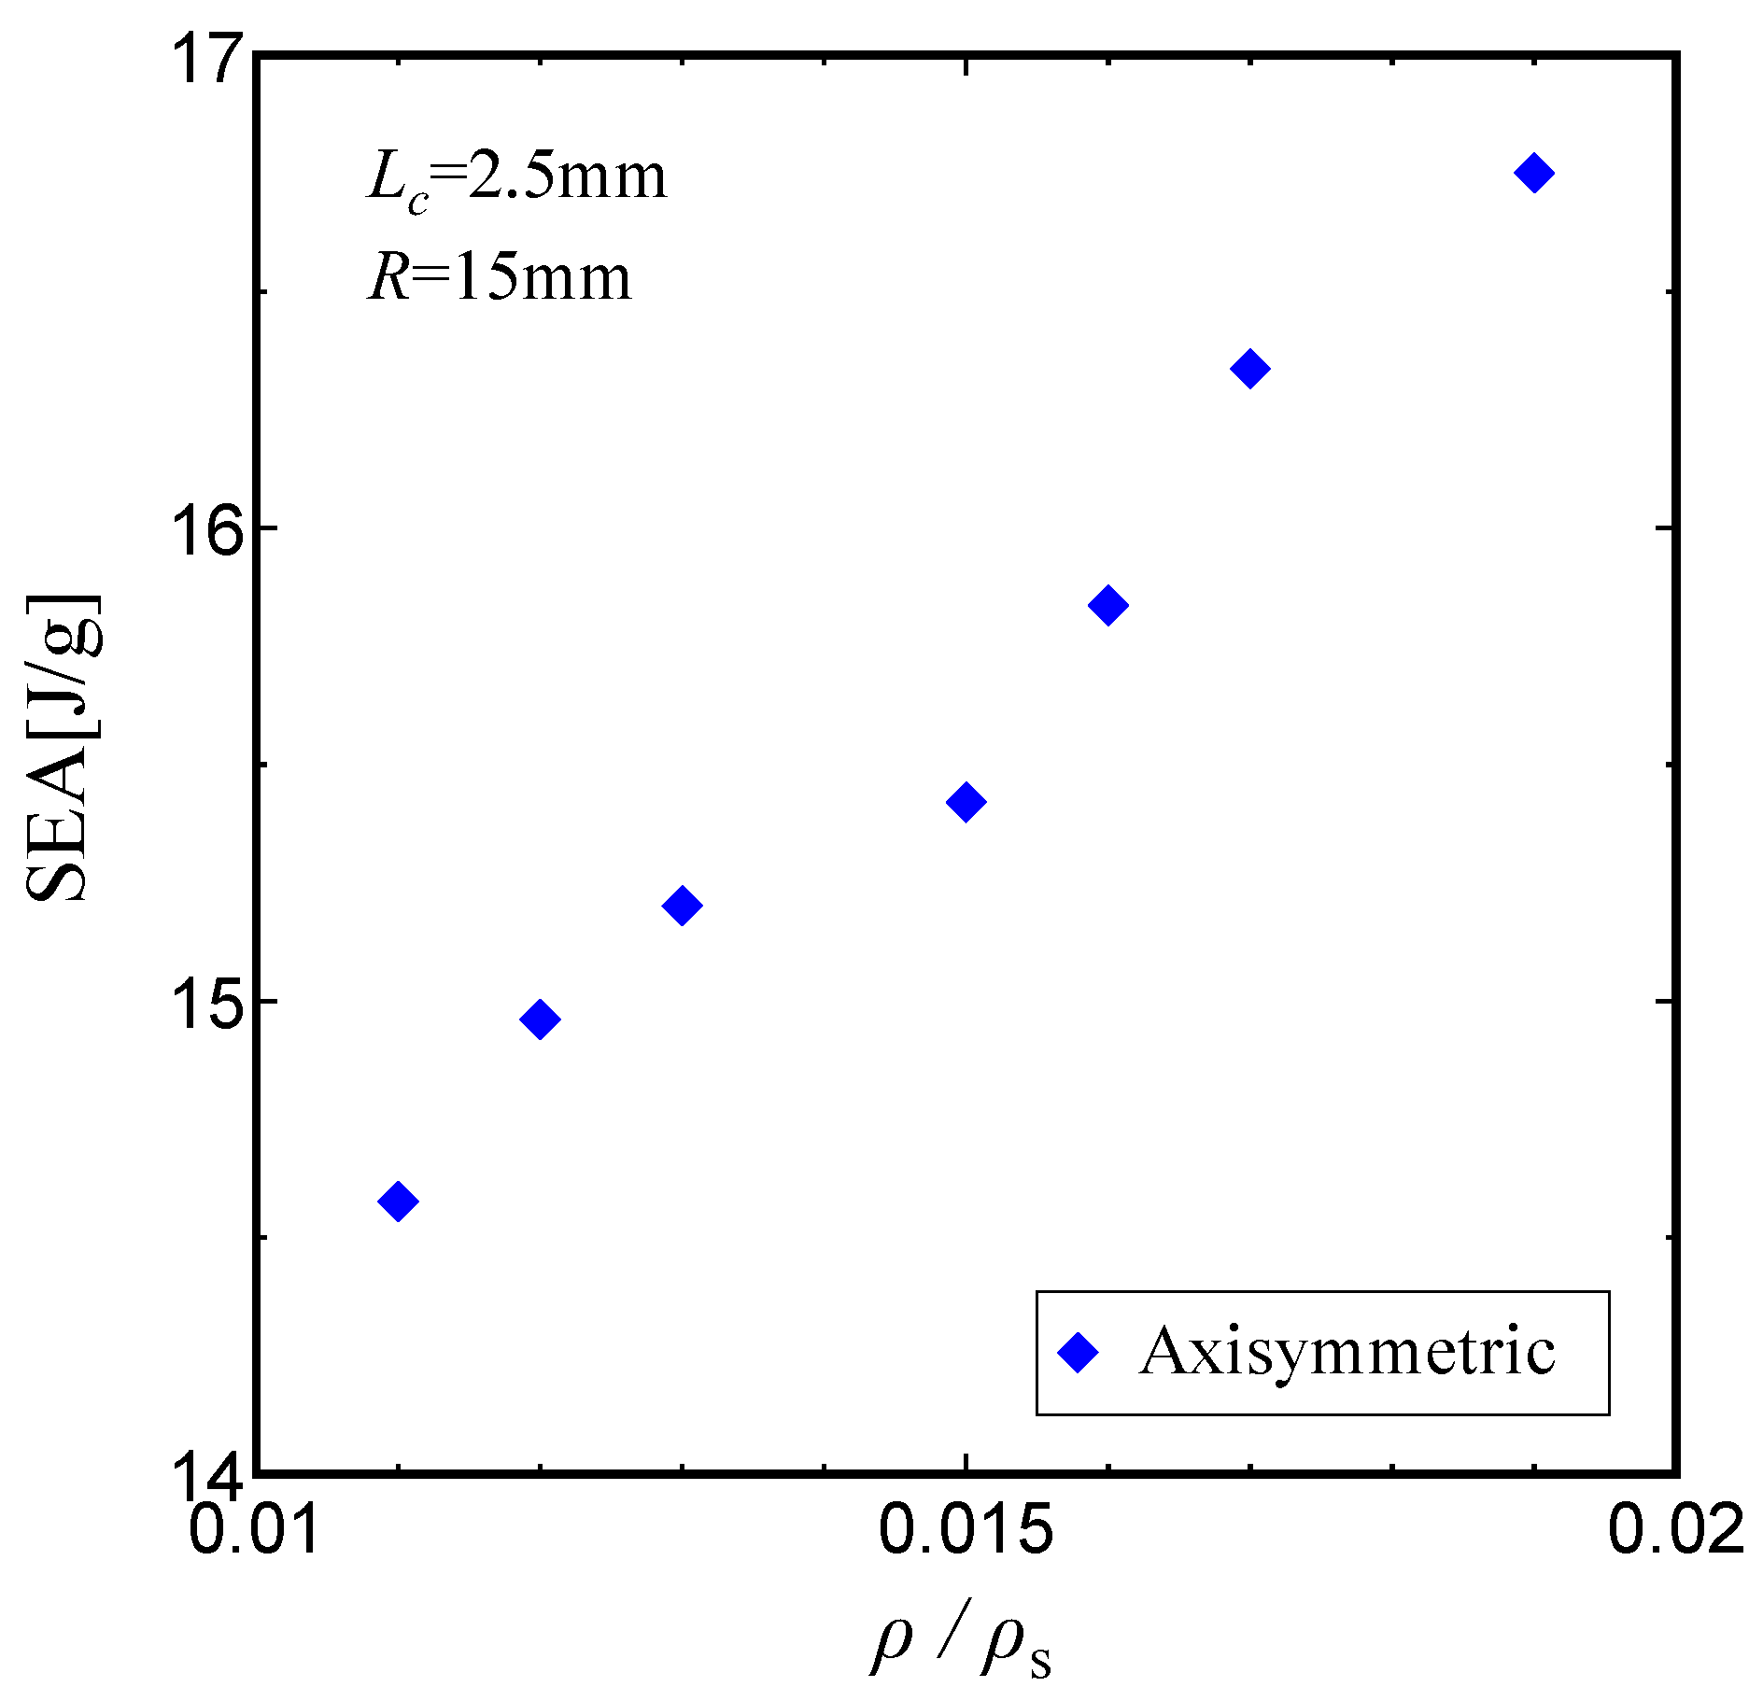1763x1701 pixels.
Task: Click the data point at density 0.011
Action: click(x=399, y=1201)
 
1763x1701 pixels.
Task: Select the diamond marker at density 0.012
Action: click(x=540, y=1019)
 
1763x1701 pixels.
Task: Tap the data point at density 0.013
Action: click(x=682, y=905)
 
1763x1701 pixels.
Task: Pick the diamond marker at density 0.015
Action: click(x=966, y=801)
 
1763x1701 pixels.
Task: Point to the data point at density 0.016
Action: click(x=1108, y=605)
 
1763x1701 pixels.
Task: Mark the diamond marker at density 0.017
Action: click(x=1250, y=369)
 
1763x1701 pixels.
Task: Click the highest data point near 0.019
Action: click(x=1534, y=173)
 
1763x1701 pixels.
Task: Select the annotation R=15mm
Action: click(x=500, y=278)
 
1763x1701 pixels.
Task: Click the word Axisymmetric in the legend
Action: click(x=1347, y=1351)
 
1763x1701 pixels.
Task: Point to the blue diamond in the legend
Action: click(x=1079, y=1352)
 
